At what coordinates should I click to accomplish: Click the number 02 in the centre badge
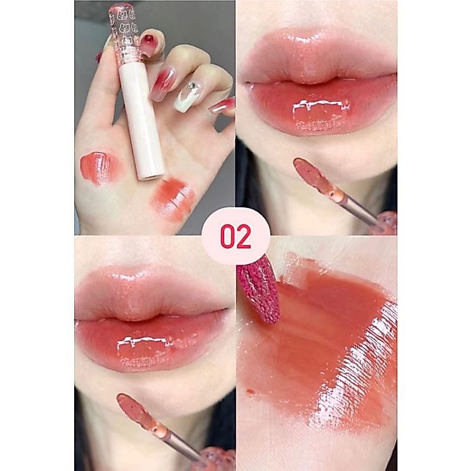(236, 237)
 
